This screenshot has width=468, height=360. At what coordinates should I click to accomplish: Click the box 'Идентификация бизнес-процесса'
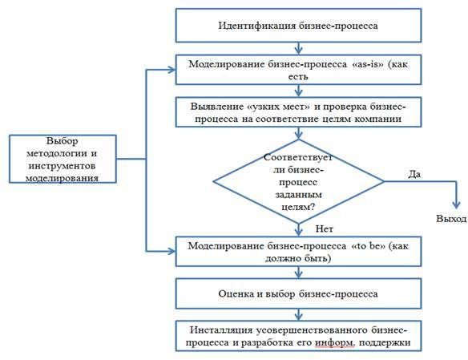[298, 26]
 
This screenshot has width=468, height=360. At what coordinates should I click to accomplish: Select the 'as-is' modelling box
[298, 70]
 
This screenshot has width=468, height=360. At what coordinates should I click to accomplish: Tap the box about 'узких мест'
[298, 112]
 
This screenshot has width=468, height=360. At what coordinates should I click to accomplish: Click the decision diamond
[298, 181]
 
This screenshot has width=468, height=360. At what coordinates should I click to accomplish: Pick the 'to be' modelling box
[298, 251]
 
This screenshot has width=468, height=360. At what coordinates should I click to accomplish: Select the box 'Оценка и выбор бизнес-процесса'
[298, 293]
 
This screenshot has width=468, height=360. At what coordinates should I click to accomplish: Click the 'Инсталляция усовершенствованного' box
[298, 336]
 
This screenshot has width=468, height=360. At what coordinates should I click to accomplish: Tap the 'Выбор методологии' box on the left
[63, 159]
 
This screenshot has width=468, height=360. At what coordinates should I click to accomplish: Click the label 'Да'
[414, 174]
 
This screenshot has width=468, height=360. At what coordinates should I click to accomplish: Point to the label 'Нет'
[324, 229]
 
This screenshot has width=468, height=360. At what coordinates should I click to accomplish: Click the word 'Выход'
[451, 219]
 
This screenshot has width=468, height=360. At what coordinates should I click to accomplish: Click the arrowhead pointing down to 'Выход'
[456, 204]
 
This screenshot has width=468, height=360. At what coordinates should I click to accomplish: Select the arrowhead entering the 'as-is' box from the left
[172, 70]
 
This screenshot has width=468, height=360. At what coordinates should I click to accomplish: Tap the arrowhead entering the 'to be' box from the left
[172, 251]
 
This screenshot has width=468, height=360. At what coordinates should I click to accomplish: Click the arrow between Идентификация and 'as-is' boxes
[298, 48]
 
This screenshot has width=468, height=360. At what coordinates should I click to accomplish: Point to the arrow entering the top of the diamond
[298, 133]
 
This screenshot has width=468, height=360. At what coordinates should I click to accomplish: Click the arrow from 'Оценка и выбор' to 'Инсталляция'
[298, 314]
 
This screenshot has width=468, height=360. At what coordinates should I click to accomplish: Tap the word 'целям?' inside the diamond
[298, 207]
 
